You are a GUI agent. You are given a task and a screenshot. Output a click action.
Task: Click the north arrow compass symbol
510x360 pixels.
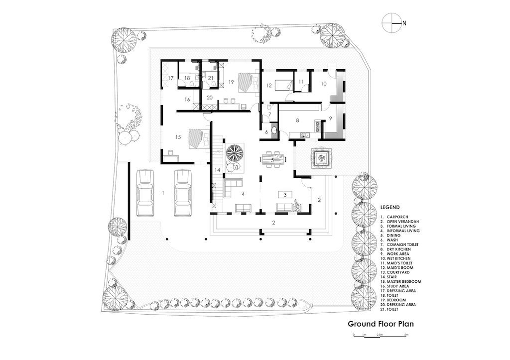(x=392, y=23)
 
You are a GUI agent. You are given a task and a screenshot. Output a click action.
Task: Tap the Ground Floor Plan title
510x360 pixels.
(x=381, y=324)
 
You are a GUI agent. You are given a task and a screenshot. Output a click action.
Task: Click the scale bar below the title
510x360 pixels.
(x=380, y=336)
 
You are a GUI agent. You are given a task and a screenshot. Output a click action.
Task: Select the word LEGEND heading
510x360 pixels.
(x=390, y=207)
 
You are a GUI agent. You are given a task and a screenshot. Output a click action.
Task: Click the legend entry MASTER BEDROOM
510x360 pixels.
(x=404, y=282)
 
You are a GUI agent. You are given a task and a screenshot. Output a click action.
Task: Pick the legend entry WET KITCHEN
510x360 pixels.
(x=399, y=258)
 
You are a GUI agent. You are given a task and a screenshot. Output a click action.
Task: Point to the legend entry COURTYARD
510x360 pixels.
(x=398, y=272)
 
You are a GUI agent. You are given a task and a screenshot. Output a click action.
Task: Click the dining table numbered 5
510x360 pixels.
(x=273, y=160)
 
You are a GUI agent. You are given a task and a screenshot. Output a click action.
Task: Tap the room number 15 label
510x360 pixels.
(x=178, y=137)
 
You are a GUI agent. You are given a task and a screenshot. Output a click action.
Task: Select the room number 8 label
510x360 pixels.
(x=297, y=120)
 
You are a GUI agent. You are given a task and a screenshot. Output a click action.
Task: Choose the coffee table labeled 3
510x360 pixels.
(x=285, y=195)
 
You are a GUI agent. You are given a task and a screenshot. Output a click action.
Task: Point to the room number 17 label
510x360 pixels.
(x=171, y=78)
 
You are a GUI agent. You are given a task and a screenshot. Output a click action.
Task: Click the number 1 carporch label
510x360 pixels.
(x=163, y=193)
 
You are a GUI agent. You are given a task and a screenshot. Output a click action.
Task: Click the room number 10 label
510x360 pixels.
(x=324, y=84)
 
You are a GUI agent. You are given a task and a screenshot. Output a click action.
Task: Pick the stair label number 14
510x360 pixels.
(x=218, y=170)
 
